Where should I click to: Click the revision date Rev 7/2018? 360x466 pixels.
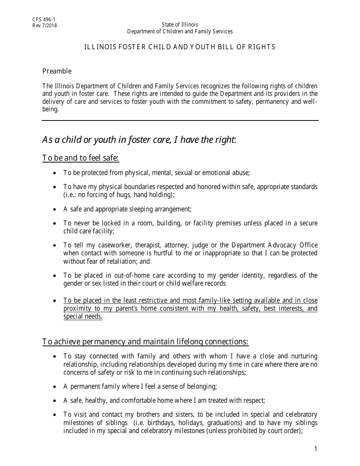click(45, 26)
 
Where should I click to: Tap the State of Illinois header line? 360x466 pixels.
click(180, 25)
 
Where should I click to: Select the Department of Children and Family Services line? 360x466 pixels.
click(180, 31)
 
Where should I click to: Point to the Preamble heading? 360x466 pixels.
click(57, 71)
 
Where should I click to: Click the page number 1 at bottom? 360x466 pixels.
click(315, 449)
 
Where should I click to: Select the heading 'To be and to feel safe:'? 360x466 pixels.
click(81, 158)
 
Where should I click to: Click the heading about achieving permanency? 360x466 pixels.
click(145, 342)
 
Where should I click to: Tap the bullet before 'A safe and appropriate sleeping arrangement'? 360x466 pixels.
click(55, 209)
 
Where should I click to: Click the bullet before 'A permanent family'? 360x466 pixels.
click(55, 387)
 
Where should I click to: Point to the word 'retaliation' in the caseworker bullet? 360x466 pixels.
click(123, 261)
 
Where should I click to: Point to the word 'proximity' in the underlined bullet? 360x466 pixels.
click(77, 308)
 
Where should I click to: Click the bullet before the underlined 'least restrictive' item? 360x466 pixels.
click(55, 301)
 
